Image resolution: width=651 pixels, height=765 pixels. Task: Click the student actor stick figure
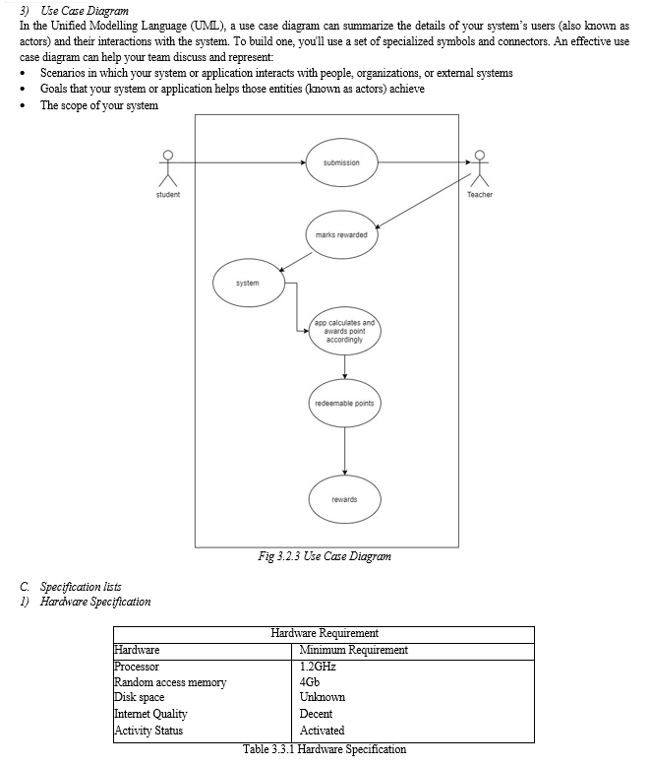pos(168,168)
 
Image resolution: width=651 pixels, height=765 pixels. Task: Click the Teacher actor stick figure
pos(480,168)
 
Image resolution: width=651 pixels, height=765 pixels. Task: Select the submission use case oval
pos(341,162)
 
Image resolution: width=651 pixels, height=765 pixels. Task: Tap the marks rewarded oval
pos(341,234)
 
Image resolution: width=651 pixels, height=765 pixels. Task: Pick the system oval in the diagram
pos(249,283)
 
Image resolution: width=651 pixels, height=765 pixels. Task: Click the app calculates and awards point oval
pos(344,331)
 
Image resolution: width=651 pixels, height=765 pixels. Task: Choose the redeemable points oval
pos(344,403)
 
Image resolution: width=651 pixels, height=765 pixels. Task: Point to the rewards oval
pos(344,499)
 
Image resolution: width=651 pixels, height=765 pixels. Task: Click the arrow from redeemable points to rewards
pos(344,451)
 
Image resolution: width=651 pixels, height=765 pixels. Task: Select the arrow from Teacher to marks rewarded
pos(423,201)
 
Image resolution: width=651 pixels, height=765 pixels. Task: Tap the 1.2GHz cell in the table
pos(318,667)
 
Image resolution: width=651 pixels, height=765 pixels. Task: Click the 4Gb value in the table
pos(310,681)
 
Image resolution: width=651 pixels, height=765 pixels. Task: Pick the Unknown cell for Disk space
pos(323,697)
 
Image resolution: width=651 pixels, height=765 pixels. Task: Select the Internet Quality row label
pos(150,714)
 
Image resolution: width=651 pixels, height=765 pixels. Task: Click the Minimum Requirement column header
pos(354,650)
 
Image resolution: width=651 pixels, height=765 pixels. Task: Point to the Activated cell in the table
pos(323,731)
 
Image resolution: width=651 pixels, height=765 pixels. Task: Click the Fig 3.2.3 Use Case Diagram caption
pos(325,556)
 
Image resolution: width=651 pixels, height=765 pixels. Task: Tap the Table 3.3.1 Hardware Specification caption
pos(325,749)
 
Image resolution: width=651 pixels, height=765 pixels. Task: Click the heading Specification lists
pos(81,587)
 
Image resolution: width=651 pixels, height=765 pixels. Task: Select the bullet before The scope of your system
pos(23,106)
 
